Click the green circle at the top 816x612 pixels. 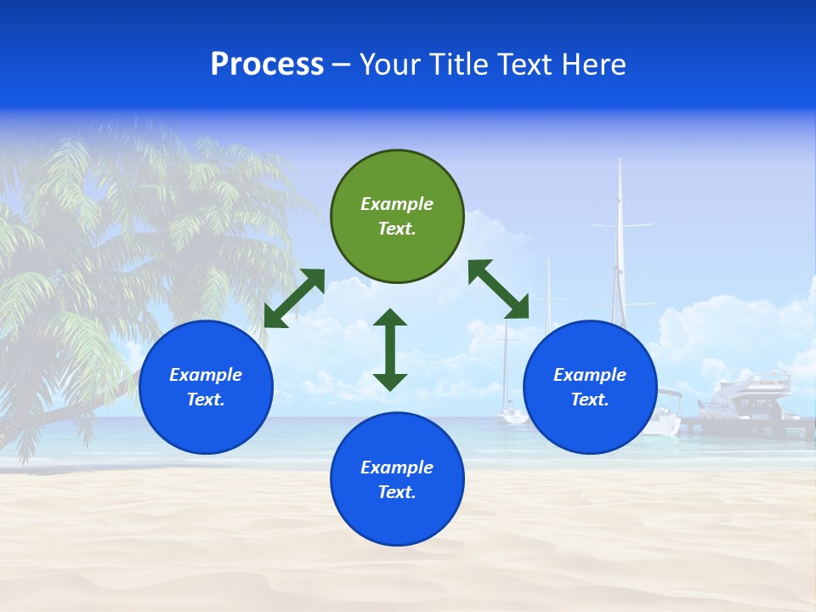tap(397, 216)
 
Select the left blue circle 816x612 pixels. tap(206, 387)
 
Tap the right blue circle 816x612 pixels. tap(590, 387)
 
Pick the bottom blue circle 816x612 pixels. tap(397, 479)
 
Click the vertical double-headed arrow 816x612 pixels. tap(390, 349)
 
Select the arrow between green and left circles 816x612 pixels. tap(294, 298)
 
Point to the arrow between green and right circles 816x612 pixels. tap(499, 289)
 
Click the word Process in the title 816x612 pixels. tap(267, 65)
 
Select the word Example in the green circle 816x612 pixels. tap(397, 204)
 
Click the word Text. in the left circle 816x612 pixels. tap(206, 399)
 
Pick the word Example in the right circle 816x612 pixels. tap(590, 375)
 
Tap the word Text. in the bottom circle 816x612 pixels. tap(397, 492)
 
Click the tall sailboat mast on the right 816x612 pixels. tap(620, 238)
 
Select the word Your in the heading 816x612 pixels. tap(388, 65)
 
